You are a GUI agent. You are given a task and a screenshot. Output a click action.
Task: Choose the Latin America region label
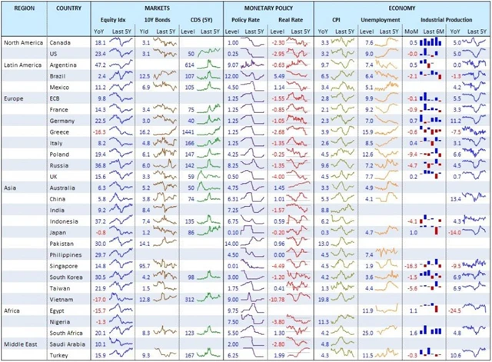(x=24, y=66)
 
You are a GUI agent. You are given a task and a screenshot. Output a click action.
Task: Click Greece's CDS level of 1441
(x=189, y=132)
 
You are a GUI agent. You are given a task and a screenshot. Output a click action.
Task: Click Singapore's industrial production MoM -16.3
(x=411, y=265)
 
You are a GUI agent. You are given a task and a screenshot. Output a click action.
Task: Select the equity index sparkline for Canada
(x=121, y=44)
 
